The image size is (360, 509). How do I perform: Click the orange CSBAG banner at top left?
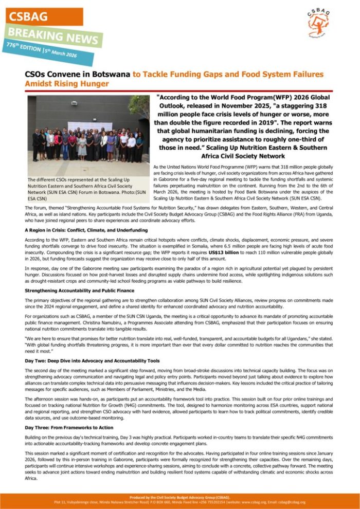click(41, 16)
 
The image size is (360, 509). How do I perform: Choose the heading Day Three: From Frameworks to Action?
click(69, 427)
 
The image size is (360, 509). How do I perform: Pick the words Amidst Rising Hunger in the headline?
click(67, 84)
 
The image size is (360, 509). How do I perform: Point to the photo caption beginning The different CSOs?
click(85, 188)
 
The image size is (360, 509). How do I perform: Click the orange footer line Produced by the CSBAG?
click(179, 498)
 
